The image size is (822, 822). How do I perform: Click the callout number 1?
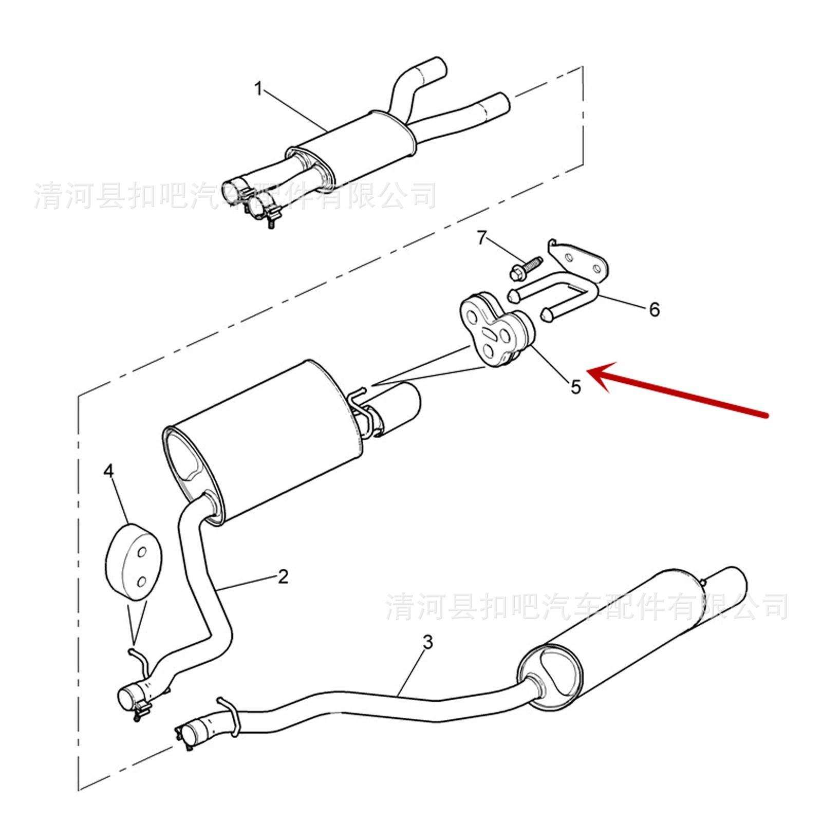258,90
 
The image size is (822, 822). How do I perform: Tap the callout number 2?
283,576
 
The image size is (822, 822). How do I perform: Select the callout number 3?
427,642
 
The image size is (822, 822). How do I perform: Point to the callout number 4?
108,471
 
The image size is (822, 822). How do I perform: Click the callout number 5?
575,386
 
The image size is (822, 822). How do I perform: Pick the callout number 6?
654,309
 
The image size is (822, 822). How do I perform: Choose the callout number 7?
481,238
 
